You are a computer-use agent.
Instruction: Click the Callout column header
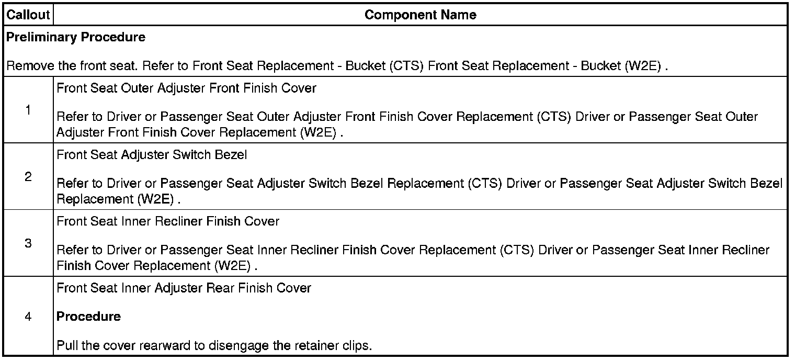28,15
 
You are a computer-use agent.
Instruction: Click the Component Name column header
420,15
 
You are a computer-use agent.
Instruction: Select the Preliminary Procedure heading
76,37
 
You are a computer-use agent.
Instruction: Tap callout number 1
28,110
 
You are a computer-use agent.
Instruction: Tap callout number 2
28,177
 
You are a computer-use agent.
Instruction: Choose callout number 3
28,243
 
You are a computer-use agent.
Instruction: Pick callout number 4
28,317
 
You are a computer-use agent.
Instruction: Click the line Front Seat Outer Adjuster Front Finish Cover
186,88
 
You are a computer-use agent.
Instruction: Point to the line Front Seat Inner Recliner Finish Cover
168,221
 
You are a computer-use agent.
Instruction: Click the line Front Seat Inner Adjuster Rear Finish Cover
184,288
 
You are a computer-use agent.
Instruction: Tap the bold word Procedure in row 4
88,317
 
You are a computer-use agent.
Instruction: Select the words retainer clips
336,346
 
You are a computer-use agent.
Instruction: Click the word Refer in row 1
70,117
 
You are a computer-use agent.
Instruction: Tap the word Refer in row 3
70,250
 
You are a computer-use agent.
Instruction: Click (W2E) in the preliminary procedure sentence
644,67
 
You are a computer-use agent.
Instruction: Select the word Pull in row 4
66,346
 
